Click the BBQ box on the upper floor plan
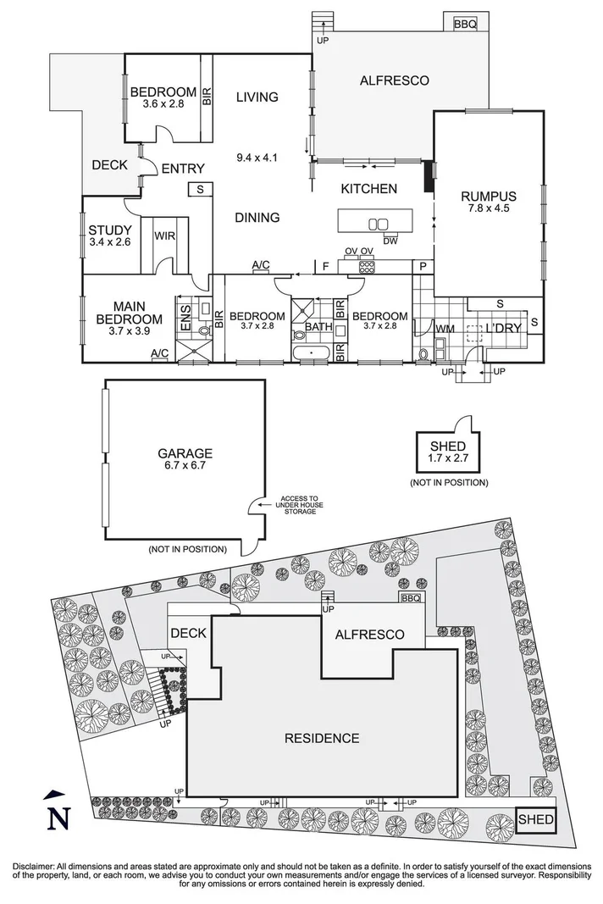pyautogui.click(x=465, y=25)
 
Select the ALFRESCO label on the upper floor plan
pyautogui.click(x=394, y=81)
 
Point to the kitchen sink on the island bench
pyautogui.click(x=379, y=225)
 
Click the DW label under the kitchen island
pyautogui.click(x=390, y=241)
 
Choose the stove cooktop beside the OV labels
pyautogui.click(x=367, y=266)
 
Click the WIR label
pyautogui.click(x=164, y=236)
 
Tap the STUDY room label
pyautogui.click(x=110, y=230)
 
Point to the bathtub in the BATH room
pyautogui.click(x=313, y=352)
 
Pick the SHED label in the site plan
pyautogui.click(x=536, y=819)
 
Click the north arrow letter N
pyautogui.click(x=57, y=818)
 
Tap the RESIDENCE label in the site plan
pyautogui.click(x=321, y=738)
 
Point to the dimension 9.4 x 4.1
pyautogui.click(x=257, y=157)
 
